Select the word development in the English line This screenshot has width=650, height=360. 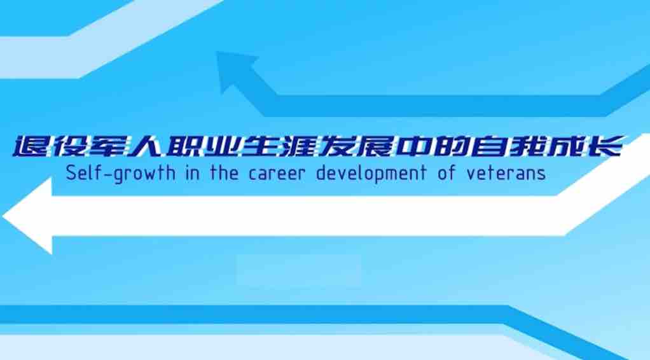click(x=371, y=174)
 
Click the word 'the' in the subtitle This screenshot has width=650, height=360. click(x=225, y=172)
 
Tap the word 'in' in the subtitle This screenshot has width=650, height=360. click(x=193, y=172)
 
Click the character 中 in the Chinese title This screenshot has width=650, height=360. click(x=413, y=146)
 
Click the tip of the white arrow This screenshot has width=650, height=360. click(x=3, y=216)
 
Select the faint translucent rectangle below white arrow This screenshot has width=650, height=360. click(x=299, y=271)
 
